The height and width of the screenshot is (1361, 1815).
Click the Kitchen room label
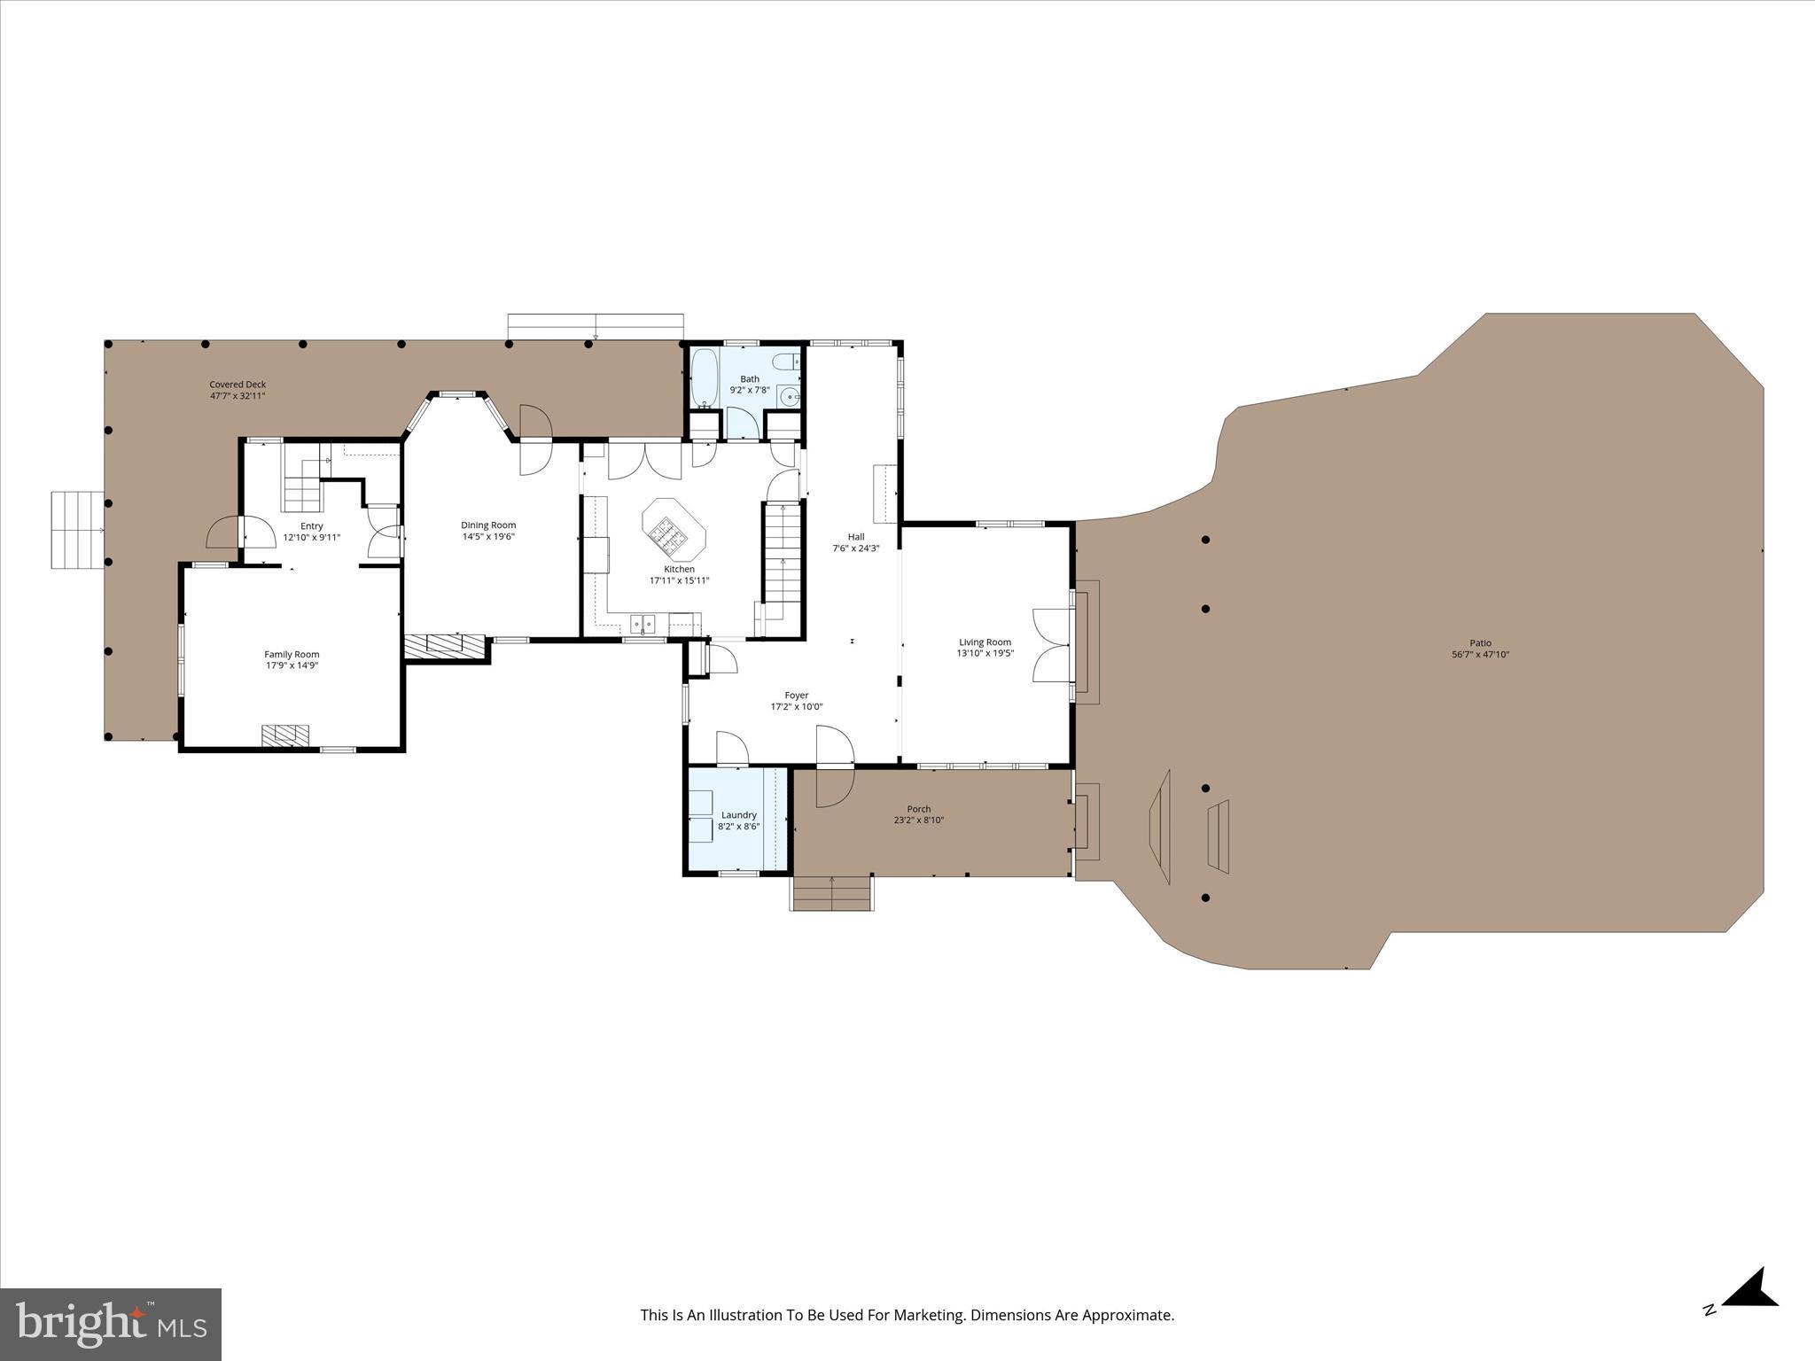(x=679, y=569)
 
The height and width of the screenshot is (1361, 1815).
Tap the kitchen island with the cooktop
(x=674, y=528)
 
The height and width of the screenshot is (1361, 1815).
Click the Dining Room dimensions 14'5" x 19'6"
(x=487, y=536)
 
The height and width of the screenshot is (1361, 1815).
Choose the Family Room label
(x=292, y=654)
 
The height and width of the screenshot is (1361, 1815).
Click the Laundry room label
(x=738, y=814)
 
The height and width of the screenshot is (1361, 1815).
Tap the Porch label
(x=918, y=808)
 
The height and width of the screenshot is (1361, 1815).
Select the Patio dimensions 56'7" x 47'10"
(x=1480, y=655)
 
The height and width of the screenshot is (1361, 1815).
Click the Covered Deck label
(x=238, y=384)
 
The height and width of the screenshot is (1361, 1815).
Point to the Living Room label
(x=985, y=642)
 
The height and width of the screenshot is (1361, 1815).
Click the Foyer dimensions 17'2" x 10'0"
(x=797, y=707)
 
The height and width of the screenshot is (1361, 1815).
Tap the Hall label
(x=855, y=536)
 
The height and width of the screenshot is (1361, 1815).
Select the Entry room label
(x=311, y=525)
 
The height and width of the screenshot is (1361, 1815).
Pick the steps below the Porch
(x=830, y=893)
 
